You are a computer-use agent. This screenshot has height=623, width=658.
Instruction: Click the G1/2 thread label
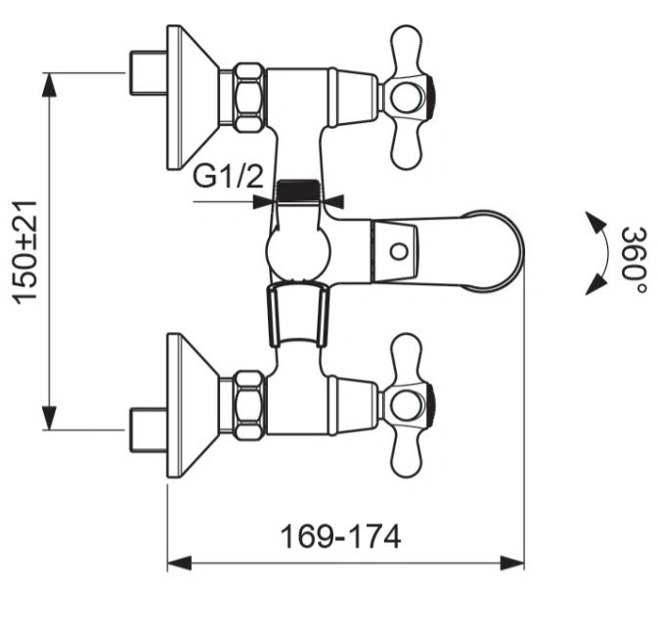tap(228, 176)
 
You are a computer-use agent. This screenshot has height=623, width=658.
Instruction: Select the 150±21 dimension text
tap(24, 252)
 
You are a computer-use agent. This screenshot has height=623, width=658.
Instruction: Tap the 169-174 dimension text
tap(340, 537)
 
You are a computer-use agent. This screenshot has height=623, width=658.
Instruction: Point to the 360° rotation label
tap(634, 260)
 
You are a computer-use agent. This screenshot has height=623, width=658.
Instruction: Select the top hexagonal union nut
tap(249, 98)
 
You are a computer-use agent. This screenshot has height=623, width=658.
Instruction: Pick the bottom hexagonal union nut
tap(249, 405)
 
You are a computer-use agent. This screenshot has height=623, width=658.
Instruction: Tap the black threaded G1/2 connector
tap(298, 189)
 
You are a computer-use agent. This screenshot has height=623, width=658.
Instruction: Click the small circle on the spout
tap(398, 252)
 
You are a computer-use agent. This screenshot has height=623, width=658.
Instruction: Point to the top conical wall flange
tap(193, 98)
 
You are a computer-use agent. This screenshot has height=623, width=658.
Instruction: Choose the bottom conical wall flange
tap(193, 405)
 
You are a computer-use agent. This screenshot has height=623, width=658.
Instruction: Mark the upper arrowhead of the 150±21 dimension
tap(50, 85)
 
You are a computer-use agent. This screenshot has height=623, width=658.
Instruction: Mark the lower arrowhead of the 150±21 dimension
tap(50, 418)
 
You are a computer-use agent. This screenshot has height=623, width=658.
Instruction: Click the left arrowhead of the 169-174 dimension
tap(180, 562)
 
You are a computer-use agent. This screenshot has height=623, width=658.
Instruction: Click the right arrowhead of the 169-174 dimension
tap(512, 562)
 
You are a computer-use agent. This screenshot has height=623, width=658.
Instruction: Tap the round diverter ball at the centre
tap(298, 252)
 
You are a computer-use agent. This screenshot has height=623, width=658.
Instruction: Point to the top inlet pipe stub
tap(148, 73)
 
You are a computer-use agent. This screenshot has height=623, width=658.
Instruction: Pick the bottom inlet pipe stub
tap(148, 430)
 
